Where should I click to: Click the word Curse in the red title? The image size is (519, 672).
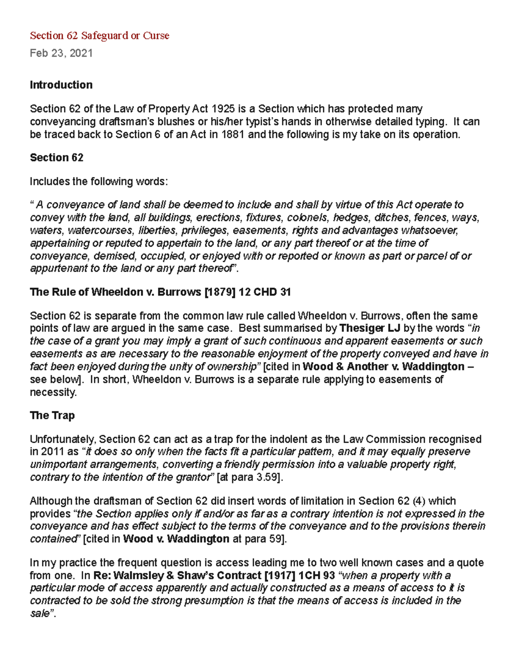156,35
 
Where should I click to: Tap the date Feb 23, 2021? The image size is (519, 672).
61,53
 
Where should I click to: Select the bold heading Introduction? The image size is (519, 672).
61,85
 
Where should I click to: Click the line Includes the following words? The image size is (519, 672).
98,181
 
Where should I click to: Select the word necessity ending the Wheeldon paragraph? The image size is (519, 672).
53,392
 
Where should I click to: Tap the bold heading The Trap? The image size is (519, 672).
52,415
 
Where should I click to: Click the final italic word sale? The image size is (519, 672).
40,614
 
